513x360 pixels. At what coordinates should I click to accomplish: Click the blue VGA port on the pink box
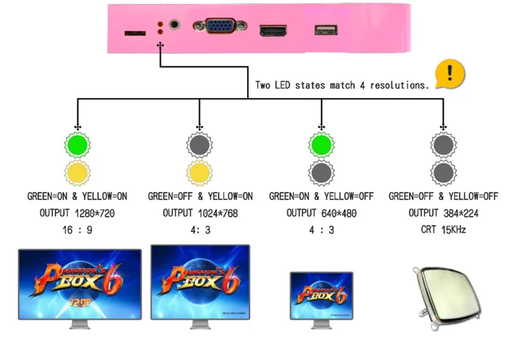point(220,25)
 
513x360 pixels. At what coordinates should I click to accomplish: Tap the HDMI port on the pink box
point(273,30)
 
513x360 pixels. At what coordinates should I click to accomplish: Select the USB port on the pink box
point(326,30)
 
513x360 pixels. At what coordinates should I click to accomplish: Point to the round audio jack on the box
point(174,25)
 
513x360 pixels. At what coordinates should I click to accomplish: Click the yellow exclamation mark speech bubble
point(450,74)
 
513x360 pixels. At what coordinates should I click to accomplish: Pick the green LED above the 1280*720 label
point(77,144)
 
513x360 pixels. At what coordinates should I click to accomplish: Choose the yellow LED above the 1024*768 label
point(200,172)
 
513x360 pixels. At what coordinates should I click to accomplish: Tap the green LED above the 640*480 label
point(321,144)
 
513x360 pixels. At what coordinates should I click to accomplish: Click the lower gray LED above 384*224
point(443,172)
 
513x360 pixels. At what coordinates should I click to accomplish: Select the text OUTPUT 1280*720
point(77,213)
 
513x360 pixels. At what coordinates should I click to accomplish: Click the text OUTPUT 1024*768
point(200,213)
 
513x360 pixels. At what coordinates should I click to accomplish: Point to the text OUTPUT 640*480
point(321,213)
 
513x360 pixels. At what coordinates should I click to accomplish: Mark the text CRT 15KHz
point(443,229)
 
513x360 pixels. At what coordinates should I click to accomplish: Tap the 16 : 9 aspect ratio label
point(77,230)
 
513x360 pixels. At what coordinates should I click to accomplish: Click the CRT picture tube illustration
point(447,297)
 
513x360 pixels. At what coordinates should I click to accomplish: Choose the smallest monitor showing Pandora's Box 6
point(321,300)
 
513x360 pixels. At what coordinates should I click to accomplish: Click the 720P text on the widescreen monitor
point(79,303)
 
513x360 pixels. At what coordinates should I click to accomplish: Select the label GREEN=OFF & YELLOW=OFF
point(443,196)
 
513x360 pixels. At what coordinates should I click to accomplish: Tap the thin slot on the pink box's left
point(135,33)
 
